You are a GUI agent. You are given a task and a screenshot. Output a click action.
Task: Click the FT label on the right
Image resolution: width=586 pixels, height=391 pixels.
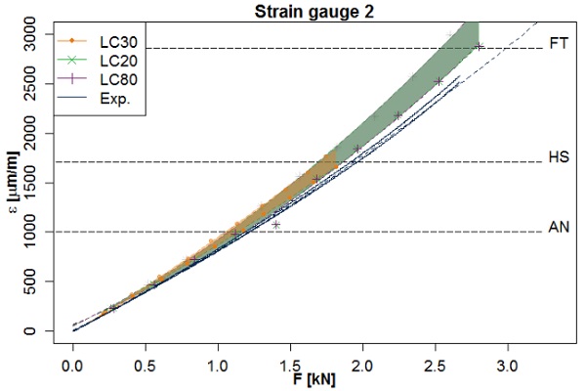[560, 44]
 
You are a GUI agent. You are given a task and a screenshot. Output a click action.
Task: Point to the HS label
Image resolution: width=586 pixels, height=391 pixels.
[560, 156]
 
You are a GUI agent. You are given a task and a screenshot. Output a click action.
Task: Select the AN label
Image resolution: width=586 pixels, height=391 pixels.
[560, 227]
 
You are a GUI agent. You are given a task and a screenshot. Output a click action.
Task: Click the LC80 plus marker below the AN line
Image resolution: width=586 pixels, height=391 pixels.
[276, 224]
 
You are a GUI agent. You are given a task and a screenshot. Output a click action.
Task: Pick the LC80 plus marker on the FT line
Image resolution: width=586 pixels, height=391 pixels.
[479, 47]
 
